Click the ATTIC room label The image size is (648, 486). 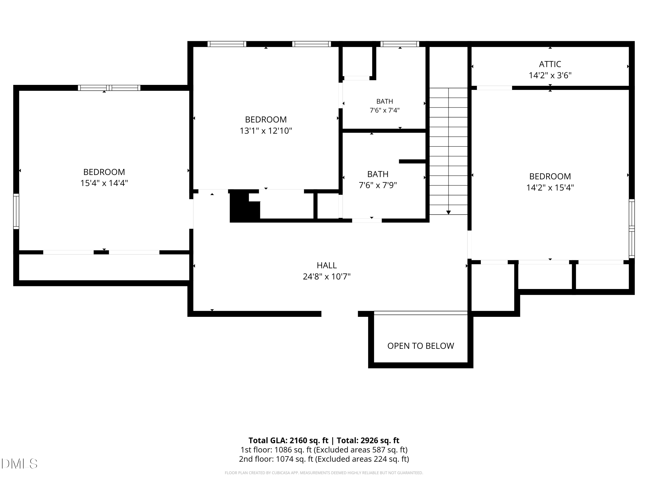pyautogui.click(x=550, y=64)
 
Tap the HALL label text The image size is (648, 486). pyautogui.click(x=327, y=265)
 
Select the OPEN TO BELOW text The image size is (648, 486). pyautogui.click(x=421, y=346)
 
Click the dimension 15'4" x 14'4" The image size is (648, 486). pyautogui.click(x=104, y=183)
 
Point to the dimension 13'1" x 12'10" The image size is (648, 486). pyautogui.click(x=266, y=131)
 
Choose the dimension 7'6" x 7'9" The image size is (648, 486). pyautogui.click(x=378, y=185)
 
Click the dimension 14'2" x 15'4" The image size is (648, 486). pyautogui.click(x=550, y=187)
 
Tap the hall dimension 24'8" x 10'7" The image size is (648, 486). pyautogui.click(x=327, y=276)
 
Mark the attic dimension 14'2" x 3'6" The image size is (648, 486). pyautogui.click(x=550, y=76)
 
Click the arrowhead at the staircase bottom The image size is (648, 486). pyautogui.click(x=448, y=212)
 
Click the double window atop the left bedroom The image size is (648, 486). pyautogui.click(x=109, y=88)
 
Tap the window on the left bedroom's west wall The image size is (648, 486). pyautogui.click(x=16, y=211)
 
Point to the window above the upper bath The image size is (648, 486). pyautogui.click(x=400, y=44)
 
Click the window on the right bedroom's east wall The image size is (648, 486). pyautogui.click(x=632, y=229)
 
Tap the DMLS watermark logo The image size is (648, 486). pyautogui.click(x=19, y=464)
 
